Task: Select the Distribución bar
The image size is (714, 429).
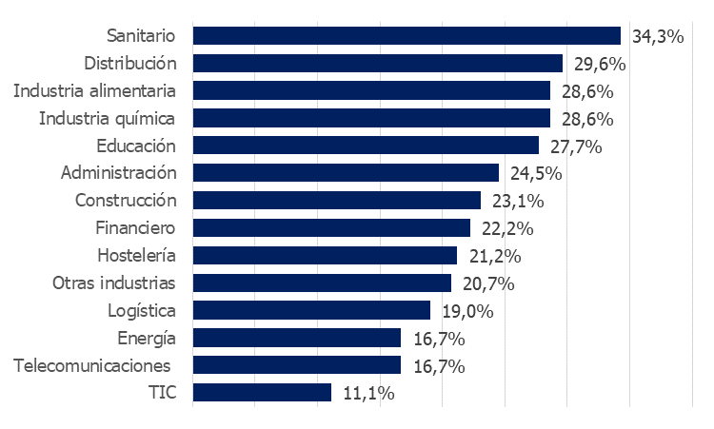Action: pos(378,64)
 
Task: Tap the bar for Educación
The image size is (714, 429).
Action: pos(366,146)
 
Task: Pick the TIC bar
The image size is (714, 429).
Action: pos(262,392)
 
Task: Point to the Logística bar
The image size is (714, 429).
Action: pos(311,310)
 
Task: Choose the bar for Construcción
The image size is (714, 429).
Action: pos(337,201)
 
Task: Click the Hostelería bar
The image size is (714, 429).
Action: pos(325,255)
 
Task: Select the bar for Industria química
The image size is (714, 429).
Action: pos(371,118)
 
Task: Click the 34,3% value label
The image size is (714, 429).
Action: pos(659,37)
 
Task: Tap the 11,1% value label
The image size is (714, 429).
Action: pos(367,393)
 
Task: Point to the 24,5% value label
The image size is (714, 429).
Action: pos(535,174)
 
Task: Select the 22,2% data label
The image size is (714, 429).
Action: pos(506,228)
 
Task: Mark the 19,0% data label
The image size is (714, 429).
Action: pos(466,311)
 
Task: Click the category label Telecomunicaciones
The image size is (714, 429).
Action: pos(91,365)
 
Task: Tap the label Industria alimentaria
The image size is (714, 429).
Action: pos(95,91)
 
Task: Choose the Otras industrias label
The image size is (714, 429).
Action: pos(114,283)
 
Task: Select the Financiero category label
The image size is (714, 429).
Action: pos(136,228)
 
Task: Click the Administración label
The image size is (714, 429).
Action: pos(119,173)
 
